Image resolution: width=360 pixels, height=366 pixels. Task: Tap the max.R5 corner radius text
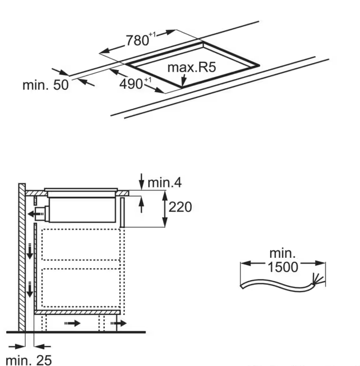pos(191,68)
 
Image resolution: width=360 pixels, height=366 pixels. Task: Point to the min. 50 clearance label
pos(45,85)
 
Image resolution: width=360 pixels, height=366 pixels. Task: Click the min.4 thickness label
pos(165,183)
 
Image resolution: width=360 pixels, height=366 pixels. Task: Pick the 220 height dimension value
pos(180,207)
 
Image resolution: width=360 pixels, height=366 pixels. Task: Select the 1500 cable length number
pos(283,267)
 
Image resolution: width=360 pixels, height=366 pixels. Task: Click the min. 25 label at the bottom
pos(29,360)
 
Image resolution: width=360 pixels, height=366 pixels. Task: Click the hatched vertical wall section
pos(22,258)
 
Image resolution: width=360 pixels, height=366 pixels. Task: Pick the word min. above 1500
pos(283,253)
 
